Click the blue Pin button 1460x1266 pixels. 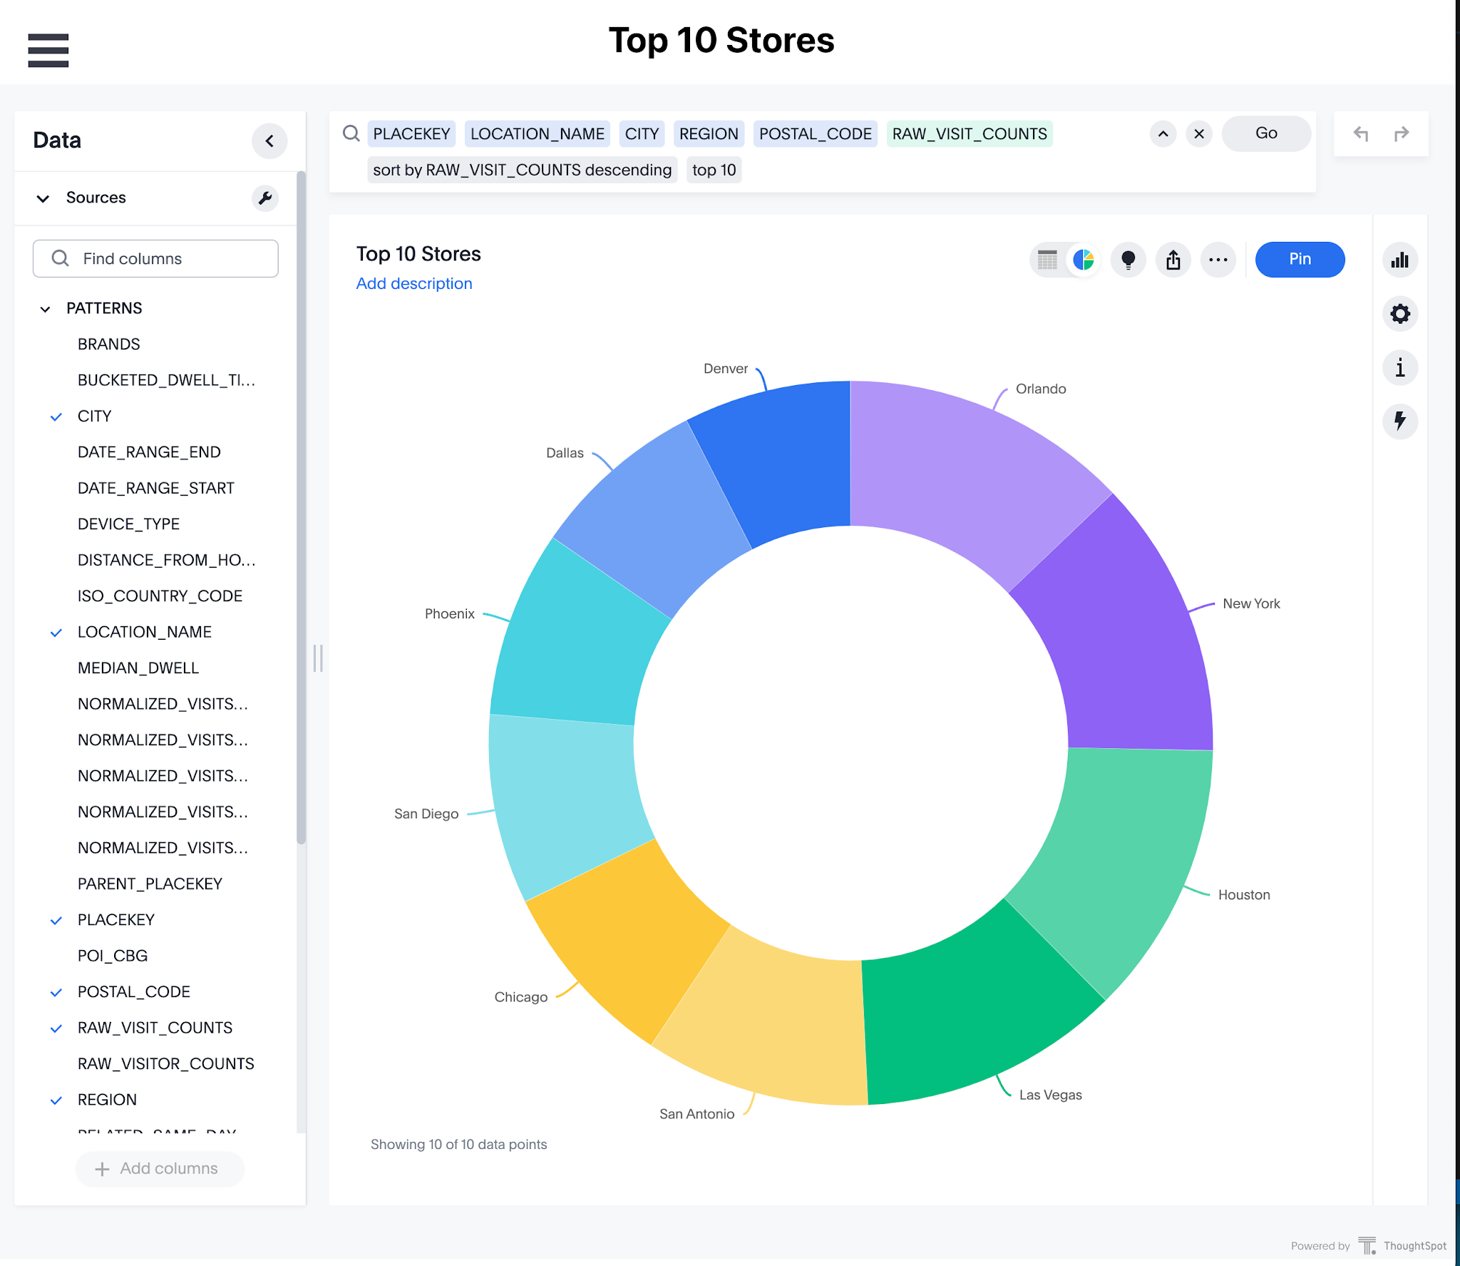click(x=1300, y=260)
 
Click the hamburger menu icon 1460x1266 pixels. click(x=48, y=51)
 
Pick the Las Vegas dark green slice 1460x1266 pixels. click(x=977, y=1006)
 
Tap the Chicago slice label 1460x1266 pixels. click(x=521, y=997)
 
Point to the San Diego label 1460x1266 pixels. click(x=426, y=814)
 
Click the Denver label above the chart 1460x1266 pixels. click(x=726, y=369)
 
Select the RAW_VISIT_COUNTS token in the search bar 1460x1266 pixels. click(x=970, y=134)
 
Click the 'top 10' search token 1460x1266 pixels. click(x=714, y=170)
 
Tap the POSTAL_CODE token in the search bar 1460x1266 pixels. click(x=815, y=134)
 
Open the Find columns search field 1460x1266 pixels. click(x=155, y=258)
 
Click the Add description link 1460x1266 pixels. click(x=414, y=284)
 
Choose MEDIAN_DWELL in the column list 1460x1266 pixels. click(x=138, y=668)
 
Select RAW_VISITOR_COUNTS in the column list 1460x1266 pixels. click(x=166, y=1064)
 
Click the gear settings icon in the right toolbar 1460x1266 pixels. click(x=1400, y=314)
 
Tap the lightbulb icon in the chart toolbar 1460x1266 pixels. click(x=1128, y=260)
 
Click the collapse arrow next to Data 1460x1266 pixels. click(x=269, y=141)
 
